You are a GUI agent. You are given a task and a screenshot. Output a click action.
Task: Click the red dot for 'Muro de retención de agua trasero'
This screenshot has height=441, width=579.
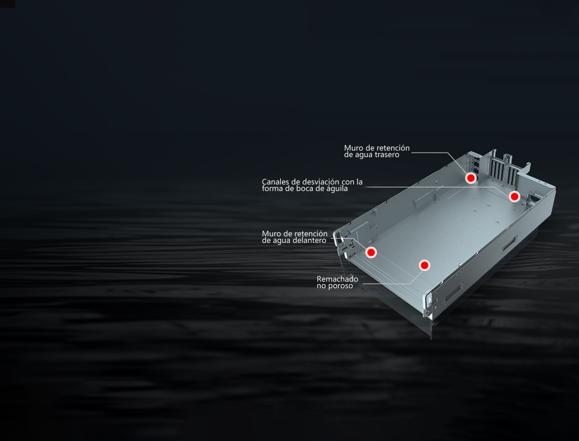[x=471, y=178]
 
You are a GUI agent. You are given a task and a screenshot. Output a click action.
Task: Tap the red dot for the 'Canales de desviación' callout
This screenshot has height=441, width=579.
[x=514, y=196]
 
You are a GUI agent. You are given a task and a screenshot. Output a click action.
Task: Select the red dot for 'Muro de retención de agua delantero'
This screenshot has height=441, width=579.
[x=371, y=252]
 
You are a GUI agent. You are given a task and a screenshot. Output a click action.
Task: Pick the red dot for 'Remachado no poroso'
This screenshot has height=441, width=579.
[x=424, y=265]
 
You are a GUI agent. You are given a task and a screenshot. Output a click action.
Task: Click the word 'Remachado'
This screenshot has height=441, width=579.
[x=337, y=279]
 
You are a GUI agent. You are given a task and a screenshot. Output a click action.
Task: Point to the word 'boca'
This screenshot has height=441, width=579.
[x=305, y=189]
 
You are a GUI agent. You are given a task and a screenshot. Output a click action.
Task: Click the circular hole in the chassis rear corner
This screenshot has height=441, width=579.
[x=533, y=197]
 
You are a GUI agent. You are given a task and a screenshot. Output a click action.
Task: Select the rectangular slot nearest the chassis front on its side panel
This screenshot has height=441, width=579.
[x=453, y=294]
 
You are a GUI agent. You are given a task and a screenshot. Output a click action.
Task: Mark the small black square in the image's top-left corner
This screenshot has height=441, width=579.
[x=7, y=4]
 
